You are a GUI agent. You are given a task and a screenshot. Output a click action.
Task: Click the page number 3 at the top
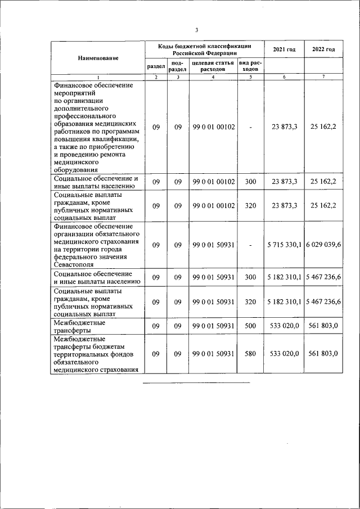point(196,30)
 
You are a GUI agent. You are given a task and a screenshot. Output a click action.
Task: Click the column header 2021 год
point(284,49)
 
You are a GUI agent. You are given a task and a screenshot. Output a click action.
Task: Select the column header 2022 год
point(323,49)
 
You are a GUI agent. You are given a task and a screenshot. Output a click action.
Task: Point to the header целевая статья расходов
point(213,66)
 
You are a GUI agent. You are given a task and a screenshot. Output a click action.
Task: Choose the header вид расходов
point(250,66)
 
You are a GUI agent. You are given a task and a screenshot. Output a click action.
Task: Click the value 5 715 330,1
point(284,245)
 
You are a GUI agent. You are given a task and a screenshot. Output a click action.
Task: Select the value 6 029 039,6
point(323,245)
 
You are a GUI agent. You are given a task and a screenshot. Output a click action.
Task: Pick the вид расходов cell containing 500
point(250,326)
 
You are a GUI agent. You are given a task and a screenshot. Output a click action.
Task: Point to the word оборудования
point(75,169)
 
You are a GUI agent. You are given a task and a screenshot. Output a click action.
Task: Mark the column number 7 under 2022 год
point(323,77)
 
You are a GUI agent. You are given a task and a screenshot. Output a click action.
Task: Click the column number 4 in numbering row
point(213,77)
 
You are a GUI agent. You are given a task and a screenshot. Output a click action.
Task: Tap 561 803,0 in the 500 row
point(323,326)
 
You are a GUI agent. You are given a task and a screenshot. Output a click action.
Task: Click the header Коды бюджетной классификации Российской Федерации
point(204,49)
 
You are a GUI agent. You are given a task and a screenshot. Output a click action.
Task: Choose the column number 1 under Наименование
point(98,77)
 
